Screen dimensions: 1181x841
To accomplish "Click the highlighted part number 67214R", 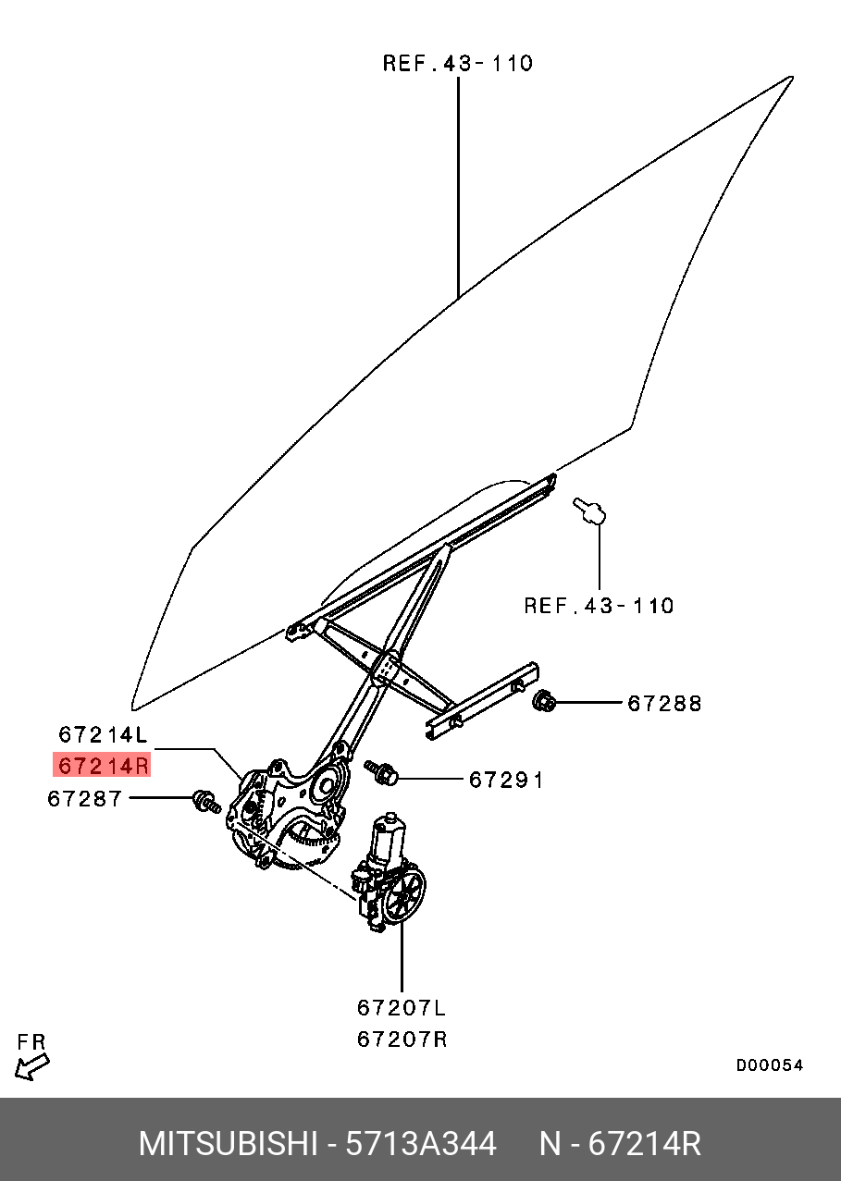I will click(x=102, y=766).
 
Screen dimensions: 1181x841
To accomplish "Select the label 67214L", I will click(x=102, y=735).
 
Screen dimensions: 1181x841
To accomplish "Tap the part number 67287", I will click(x=85, y=798).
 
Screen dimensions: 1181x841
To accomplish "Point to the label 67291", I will click(x=506, y=781).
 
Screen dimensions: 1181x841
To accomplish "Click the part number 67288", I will click(x=664, y=704).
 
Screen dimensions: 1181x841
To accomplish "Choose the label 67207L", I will click(x=402, y=1007).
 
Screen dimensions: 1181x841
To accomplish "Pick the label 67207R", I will click(x=402, y=1040).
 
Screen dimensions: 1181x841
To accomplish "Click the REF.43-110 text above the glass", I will click(x=458, y=64).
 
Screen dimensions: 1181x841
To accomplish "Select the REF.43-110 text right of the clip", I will click(x=599, y=607).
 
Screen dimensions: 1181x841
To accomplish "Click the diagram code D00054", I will click(x=769, y=1065).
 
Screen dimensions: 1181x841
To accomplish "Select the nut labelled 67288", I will click(x=544, y=702).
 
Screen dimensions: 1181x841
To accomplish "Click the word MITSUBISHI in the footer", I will click(x=227, y=1144).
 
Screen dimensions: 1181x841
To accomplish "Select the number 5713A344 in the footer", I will click(x=420, y=1144).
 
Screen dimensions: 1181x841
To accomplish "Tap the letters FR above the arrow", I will click(x=31, y=1042).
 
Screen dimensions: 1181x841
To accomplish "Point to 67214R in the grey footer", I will click(x=645, y=1144).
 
